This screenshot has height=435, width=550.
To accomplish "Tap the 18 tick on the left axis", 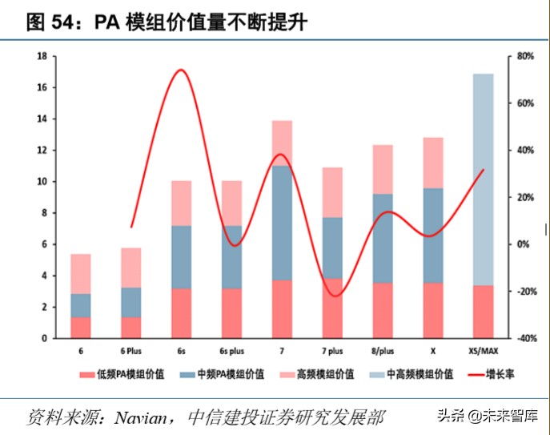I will (41, 57).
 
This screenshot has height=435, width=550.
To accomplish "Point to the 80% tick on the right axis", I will (525, 57).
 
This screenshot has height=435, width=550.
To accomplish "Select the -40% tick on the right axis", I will (525, 339).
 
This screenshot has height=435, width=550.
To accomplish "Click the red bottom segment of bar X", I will (433, 310).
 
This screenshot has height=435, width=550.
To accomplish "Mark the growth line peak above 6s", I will (181, 70).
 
